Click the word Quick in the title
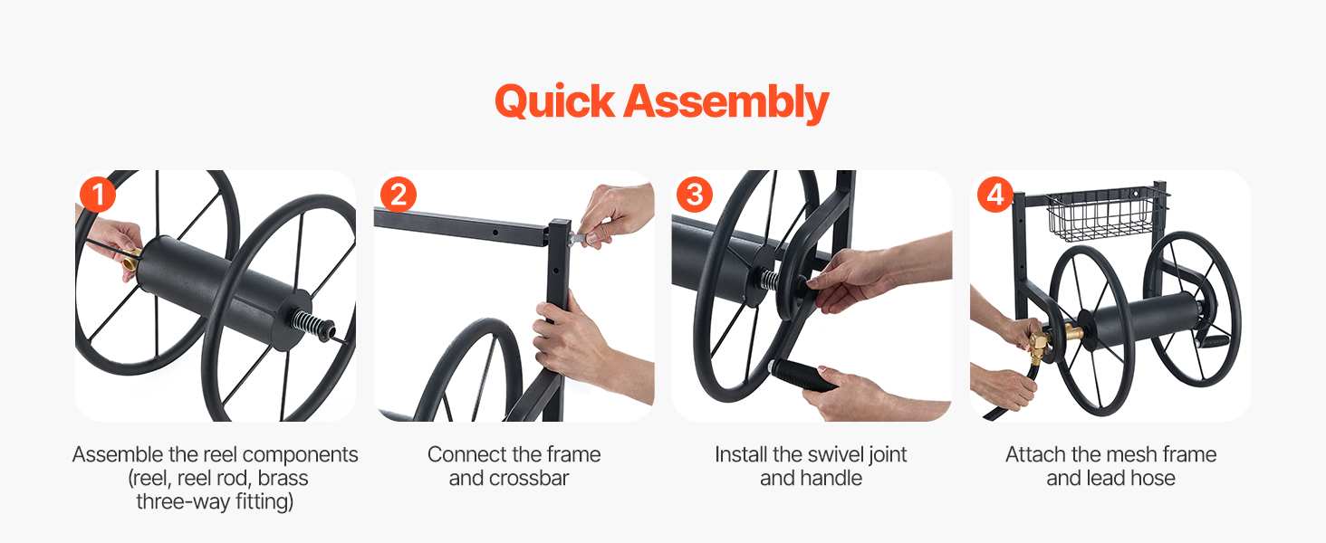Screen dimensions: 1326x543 pos(554,101)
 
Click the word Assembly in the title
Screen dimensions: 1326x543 pos(726,103)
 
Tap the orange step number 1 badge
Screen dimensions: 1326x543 pos(98,195)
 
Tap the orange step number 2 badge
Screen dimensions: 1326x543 pos(399,195)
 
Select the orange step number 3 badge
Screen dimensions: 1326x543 pos(695,195)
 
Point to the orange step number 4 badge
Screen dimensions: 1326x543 pos(995,195)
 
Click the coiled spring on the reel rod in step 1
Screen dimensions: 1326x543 pos(310,324)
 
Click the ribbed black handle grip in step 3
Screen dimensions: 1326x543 pos(802,375)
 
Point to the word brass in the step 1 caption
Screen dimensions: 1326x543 pos(283,478)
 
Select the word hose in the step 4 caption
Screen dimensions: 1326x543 pos(1153,478)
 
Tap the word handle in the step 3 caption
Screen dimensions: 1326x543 pos(831,478)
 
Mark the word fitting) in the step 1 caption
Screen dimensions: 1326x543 pos(264,501)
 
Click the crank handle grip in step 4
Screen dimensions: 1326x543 pos(1214,342)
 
